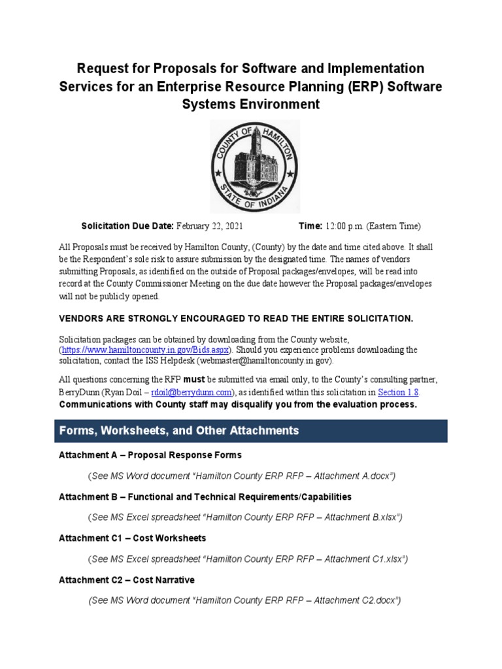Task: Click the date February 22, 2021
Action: click(x=209, y=226)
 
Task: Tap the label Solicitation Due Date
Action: click(x=127, y=226)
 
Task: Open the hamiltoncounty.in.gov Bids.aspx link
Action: click(x=147, y=350)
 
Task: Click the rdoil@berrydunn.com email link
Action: click(x=192, y=393)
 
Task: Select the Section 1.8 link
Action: click(x=398, y=393)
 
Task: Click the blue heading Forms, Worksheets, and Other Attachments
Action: click(x=179, y=431)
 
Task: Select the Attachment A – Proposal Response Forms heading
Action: click(x=150, y=455)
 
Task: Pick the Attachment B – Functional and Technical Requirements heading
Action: click(x=205, y=497)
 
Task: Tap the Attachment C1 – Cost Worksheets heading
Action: click(x=132, y=538)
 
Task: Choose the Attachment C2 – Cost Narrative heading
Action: click(x=126, y=580)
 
